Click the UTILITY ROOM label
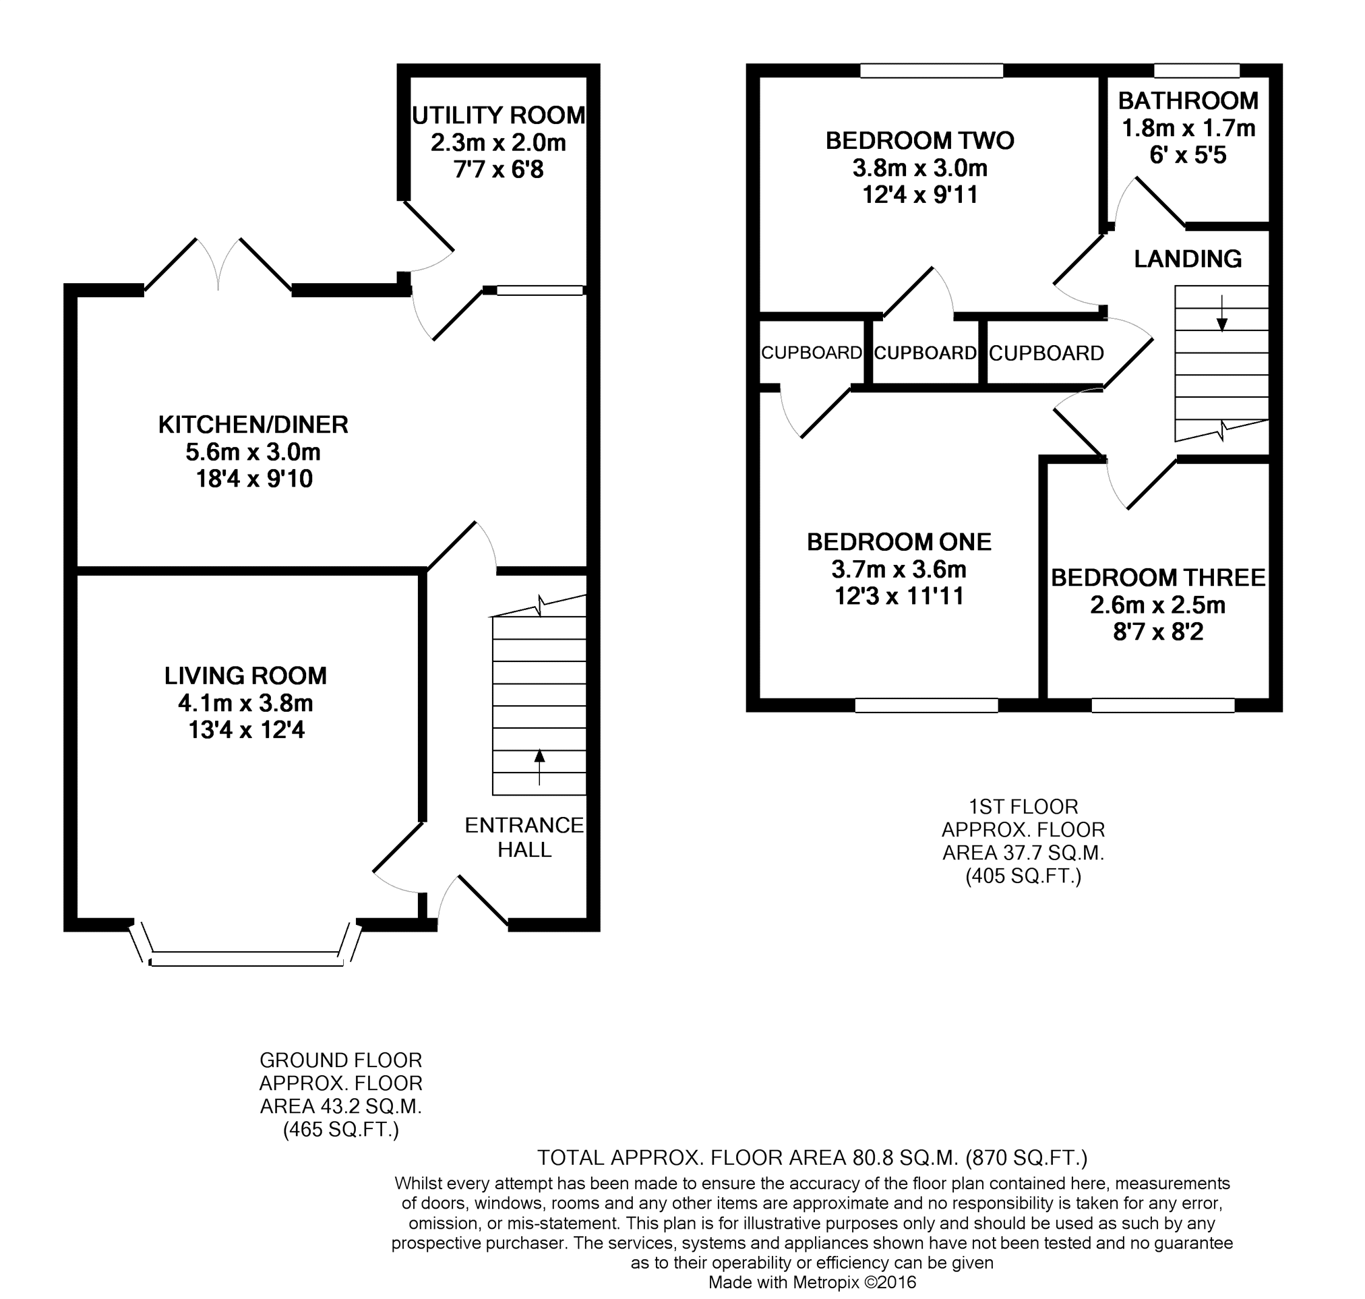click(499, 115)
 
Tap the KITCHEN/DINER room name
click(253, 425)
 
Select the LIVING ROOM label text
click(246, 676)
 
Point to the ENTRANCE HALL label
click(524, 837)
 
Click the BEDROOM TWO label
click(919, 141)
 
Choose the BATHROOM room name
click(1188, 101)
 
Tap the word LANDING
click(1188, 259)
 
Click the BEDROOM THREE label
click(1159, 578)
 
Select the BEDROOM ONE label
click(899, 541)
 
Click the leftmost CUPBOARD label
click(812, 353)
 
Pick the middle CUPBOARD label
click(926, 353)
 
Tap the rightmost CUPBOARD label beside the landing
click(1046, 353)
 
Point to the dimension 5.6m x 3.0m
click(253, 452)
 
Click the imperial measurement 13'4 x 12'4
click(247, 730)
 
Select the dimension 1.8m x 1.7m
click(1188, 128)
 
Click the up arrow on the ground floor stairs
click(539, 767)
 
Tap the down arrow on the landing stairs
click(1221, 313)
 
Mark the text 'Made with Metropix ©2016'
click(812, 1281)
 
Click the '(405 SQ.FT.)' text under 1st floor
click(1023, 876)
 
